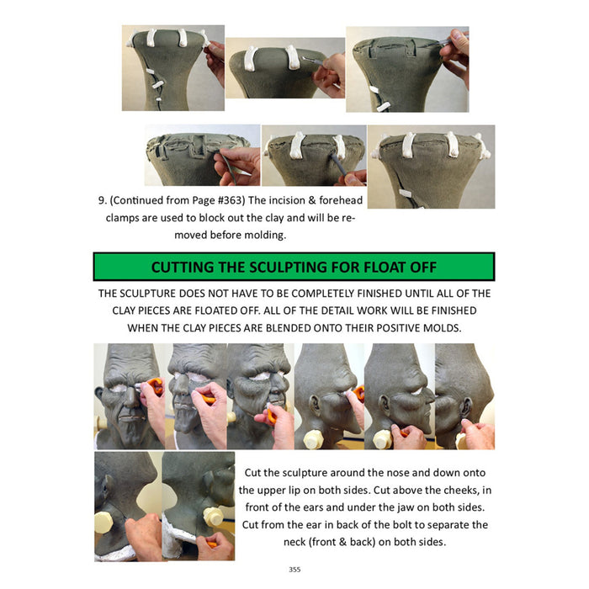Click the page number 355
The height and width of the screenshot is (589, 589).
coord(294,570)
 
